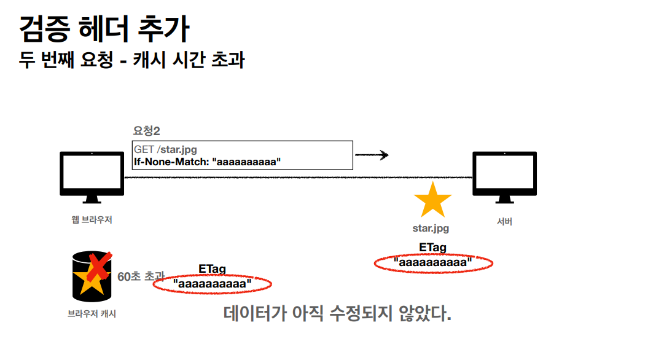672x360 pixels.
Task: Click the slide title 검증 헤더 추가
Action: point(104,29)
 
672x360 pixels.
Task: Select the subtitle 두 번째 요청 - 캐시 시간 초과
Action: point(131,60)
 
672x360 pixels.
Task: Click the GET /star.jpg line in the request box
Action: point(165,149)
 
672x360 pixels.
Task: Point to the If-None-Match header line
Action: point(207,162)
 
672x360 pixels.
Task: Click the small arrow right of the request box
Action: point(372,155)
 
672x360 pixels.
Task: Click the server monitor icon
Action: point(504,177)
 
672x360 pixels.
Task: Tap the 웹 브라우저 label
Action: point(92,219)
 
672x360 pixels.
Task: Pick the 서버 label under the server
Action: point(504,222)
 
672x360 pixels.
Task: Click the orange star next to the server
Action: point(432,200)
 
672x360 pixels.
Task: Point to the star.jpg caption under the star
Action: point(431,229)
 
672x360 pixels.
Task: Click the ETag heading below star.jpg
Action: point(433,248)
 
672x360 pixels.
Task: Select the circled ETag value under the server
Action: point(434,263)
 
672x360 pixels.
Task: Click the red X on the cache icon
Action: point(98,265)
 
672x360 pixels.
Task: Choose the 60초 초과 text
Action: point(141,276)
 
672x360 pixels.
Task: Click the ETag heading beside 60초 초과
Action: point(213,269)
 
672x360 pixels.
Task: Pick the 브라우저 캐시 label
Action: point(92,314)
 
